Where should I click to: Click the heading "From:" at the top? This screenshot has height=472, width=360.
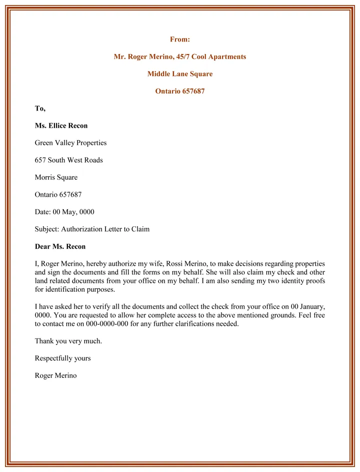point(180,39)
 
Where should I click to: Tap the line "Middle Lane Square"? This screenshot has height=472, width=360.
point(180,74)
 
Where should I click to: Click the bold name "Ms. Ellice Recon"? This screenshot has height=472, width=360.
point(61,125)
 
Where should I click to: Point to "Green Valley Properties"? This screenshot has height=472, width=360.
point(70,143)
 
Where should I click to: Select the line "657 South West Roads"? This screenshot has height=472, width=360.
point(68,160)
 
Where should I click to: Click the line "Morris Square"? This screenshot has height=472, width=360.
point(56,177)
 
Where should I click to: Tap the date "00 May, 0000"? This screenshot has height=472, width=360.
point(73,212)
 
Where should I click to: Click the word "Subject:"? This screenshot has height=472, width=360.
point(46,229)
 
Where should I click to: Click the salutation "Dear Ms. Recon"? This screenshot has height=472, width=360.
point(60,247)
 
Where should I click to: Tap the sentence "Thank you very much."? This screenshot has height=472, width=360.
point(68,341)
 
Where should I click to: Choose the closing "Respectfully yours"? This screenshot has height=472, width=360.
point(62,358)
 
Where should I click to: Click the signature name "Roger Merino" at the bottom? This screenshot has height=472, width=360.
point(55,375)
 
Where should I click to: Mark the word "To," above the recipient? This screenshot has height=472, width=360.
point(40,108)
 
